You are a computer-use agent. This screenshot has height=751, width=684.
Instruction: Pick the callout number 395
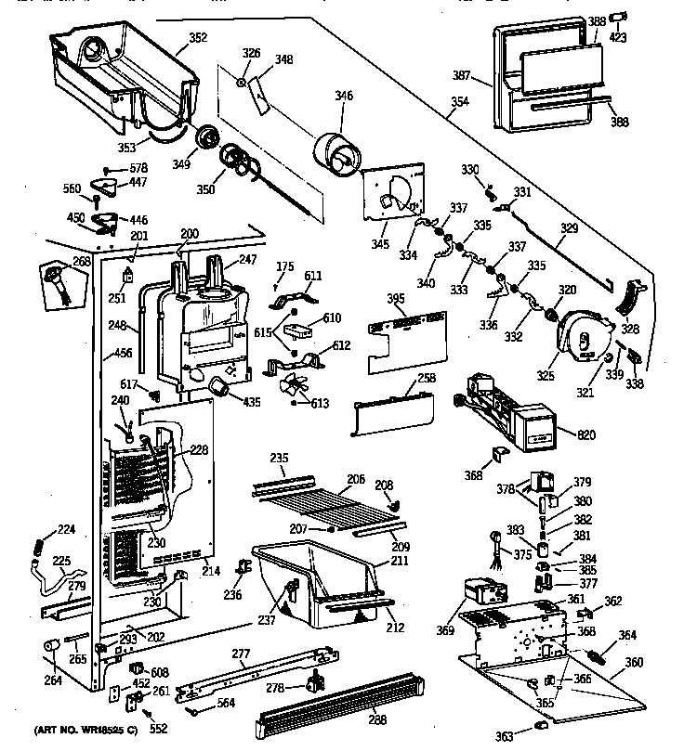tap(396, 301)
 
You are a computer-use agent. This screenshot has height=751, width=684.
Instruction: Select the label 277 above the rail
tap(241, 655)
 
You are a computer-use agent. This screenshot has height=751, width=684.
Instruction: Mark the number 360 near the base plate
tap(634, 663)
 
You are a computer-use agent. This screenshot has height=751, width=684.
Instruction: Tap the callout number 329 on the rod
tap(568, 227)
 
